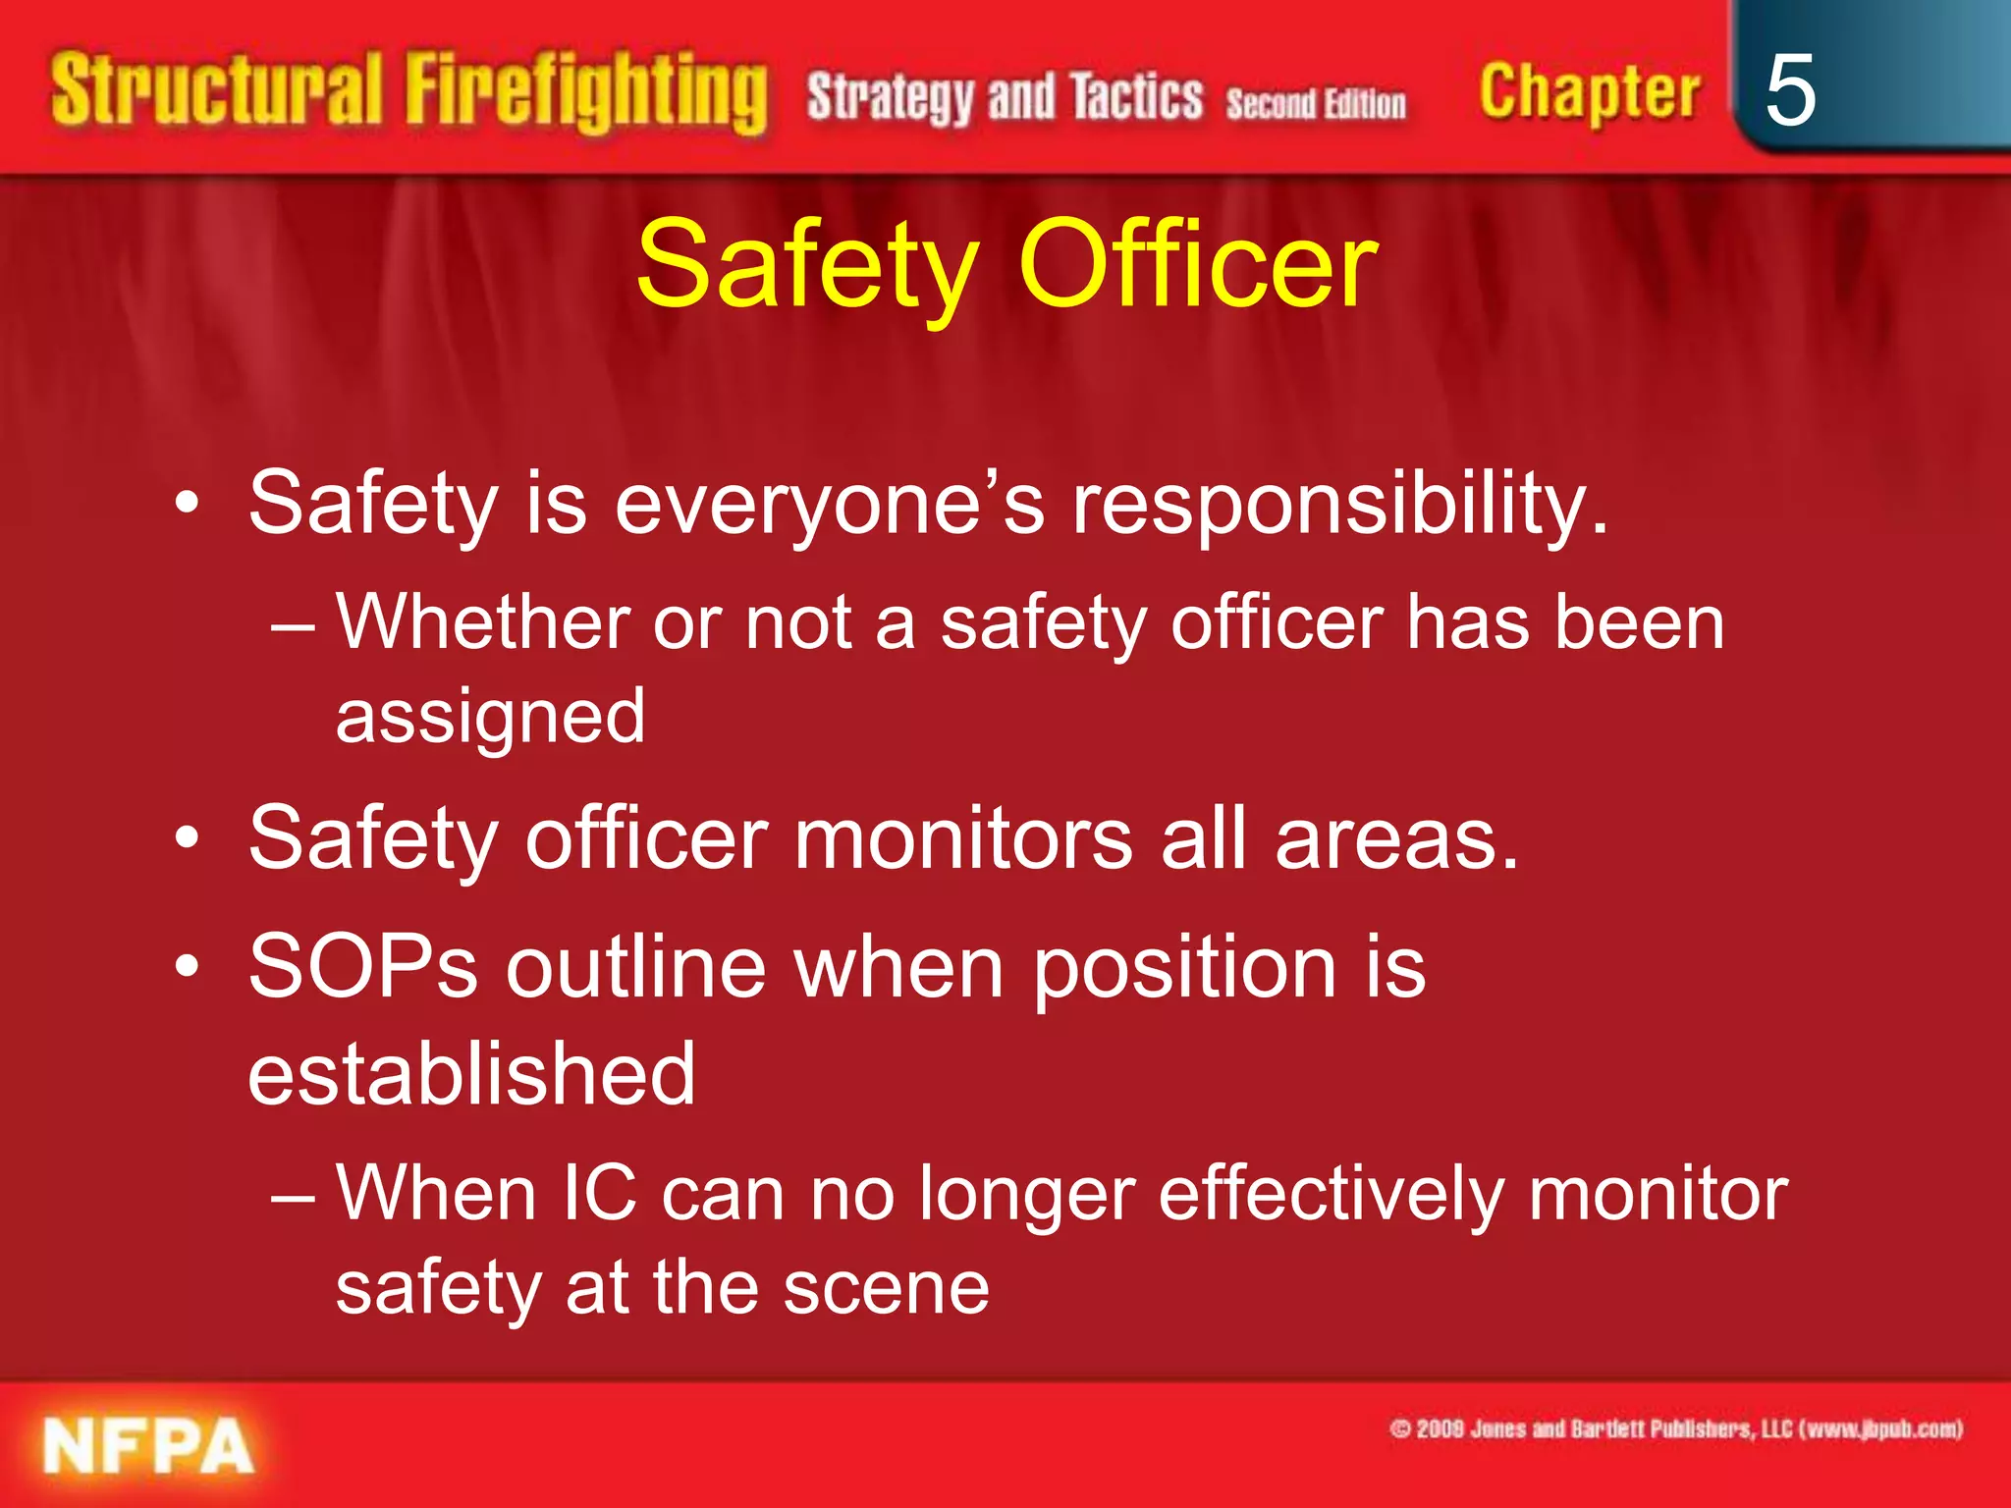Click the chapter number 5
tap(1789, 90)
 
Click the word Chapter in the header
tap(1589, 93)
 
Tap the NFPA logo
tap(148, 1446)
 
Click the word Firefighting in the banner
tap(586, 93)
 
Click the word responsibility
tap(1339, 505)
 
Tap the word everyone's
tap(830, 505)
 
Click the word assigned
tap(490, 717)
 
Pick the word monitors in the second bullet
tap(962, 838)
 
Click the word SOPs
tap(363, 967)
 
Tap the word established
tap(471, 1073)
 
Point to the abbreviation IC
tap(600, 1194)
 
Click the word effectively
tap(1330, 1196)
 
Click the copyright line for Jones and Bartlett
tap(1675, 1428)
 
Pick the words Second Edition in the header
tap(1315, 104)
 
